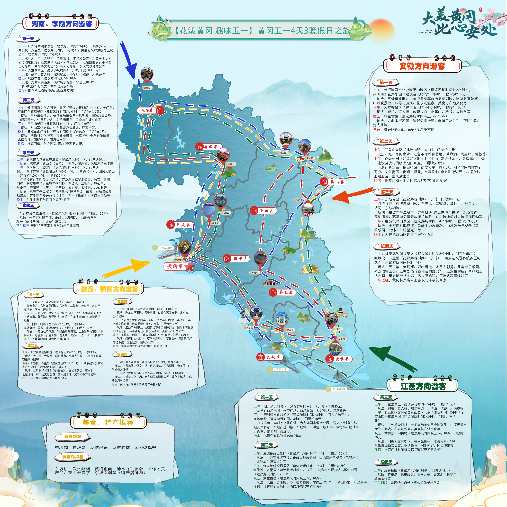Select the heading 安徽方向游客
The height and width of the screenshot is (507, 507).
tap(422, 66)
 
